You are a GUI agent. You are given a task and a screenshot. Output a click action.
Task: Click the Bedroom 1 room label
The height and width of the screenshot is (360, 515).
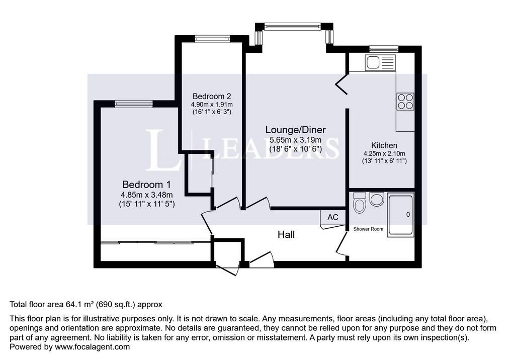tap(146, 184)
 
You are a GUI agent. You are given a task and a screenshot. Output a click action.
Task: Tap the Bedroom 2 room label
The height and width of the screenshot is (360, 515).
tap(212, 96)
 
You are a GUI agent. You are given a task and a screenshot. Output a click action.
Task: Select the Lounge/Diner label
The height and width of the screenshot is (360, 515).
tap(296, 130)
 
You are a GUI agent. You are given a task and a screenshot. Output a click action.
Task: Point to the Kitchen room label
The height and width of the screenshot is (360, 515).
tap(384, 145)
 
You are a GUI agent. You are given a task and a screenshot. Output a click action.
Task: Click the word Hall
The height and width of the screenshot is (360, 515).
tap(286, 234)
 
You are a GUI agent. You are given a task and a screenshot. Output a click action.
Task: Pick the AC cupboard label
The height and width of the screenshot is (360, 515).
tap(333, 217)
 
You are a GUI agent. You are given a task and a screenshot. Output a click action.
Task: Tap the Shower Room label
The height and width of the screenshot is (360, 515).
tap(368, 229)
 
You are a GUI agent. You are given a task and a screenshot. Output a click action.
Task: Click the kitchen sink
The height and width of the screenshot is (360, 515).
tap(380, 62)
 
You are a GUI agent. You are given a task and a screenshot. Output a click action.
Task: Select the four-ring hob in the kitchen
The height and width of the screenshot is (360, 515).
tap(405, 101)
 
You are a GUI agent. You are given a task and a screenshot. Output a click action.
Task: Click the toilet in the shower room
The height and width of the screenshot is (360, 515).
tap(360, 203)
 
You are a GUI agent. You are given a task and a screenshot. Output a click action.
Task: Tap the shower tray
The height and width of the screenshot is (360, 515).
tap(400, 215)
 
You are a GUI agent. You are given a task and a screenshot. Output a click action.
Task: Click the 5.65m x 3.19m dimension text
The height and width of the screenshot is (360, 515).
tap(296, 140)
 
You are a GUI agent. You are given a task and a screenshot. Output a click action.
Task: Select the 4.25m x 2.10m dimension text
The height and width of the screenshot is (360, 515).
tap(384, 153)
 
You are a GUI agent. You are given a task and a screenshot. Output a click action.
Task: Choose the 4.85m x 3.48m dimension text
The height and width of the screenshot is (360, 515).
tap(146, 195)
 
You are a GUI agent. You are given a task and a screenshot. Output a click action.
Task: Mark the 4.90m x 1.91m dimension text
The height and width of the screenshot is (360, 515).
tap(212, 105)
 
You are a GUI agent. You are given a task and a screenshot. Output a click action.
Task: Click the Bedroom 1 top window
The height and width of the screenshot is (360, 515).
tap(134, 104)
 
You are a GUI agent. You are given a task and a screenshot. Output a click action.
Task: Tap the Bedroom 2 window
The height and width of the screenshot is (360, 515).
tap(213, 39)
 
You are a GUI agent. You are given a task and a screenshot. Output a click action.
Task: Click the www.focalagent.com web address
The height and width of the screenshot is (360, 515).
tap(93, 347)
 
